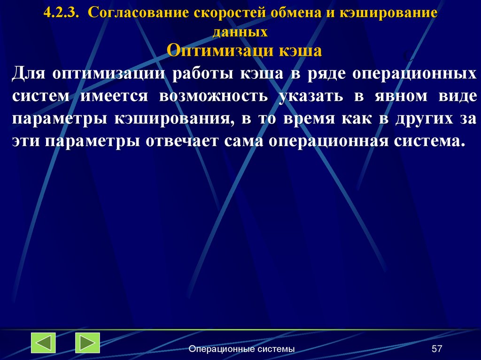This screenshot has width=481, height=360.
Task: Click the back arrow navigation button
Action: point(43,343)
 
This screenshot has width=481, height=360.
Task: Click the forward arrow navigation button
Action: point(87,343)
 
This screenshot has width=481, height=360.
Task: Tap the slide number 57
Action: point(437,349)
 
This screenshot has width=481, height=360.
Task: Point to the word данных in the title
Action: point(240,32)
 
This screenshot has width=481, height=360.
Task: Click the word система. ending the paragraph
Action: point(423,140)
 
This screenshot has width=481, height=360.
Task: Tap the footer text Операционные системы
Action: point(241,349)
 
